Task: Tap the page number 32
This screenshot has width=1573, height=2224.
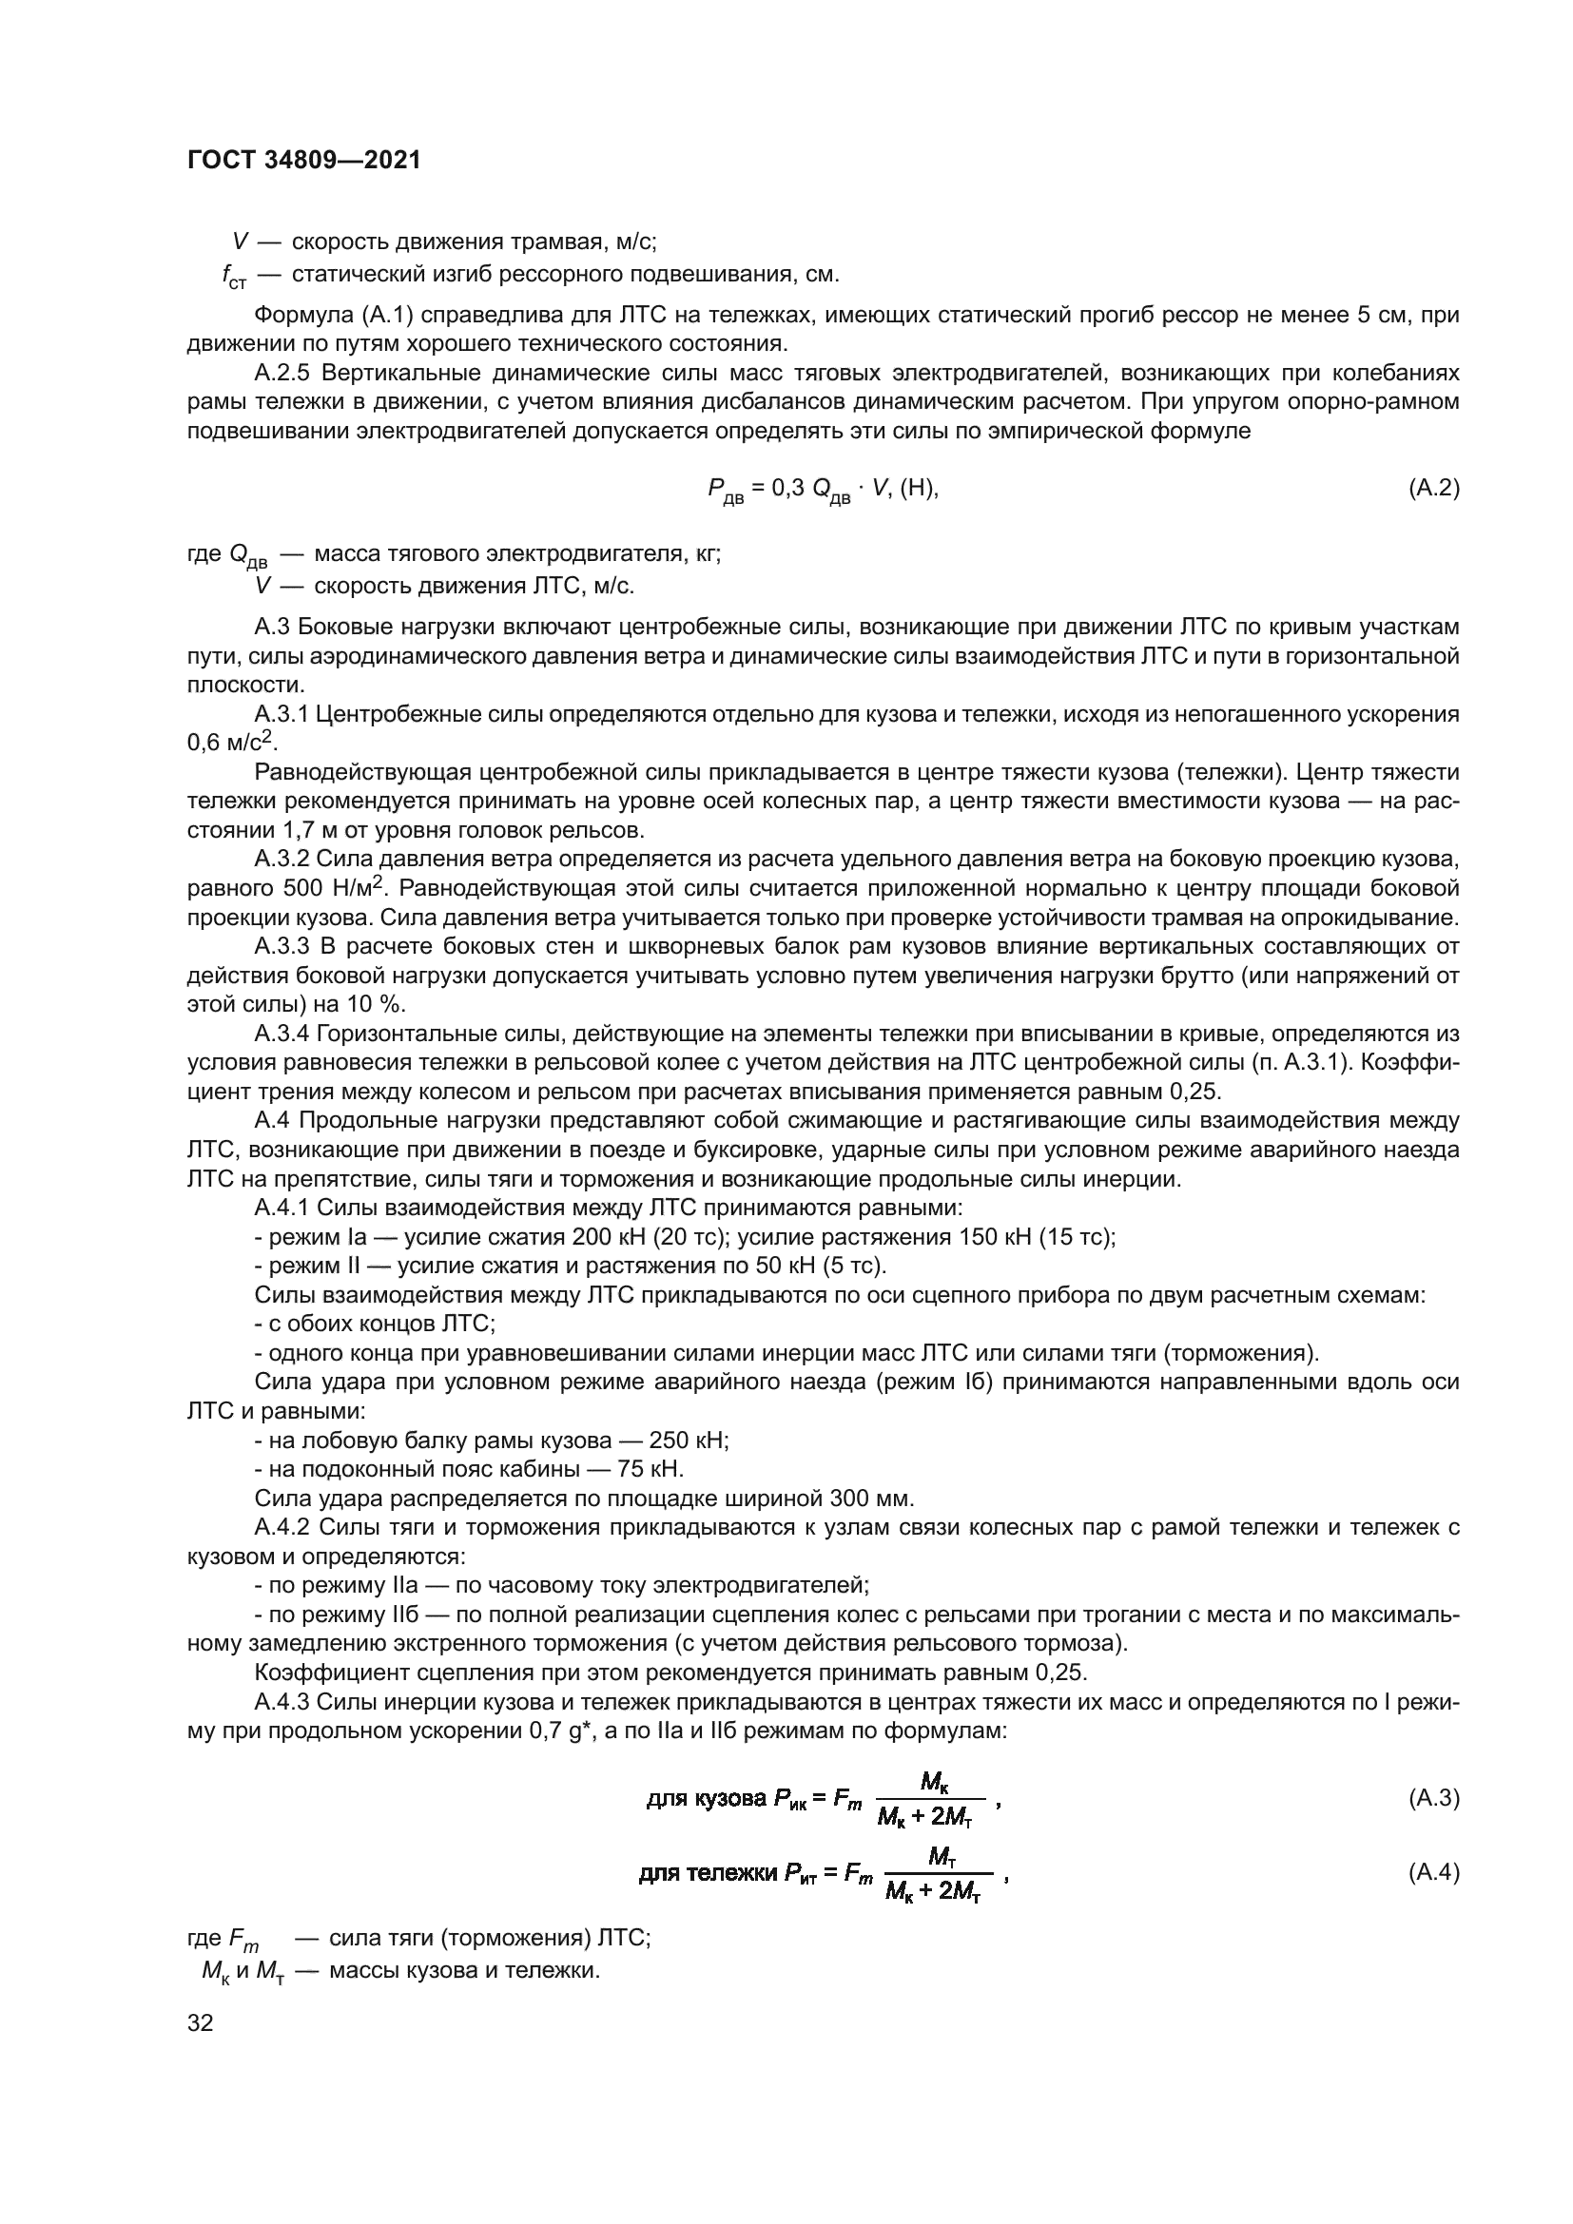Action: [x=201, y=2022]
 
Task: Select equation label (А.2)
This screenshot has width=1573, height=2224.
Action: [x=1433, y=488]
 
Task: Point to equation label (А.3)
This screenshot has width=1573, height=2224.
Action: [x=1433, y=1799]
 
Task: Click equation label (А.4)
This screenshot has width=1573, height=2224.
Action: [x=1433, y=1872]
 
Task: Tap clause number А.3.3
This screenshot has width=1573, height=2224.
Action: [x=282, y=946]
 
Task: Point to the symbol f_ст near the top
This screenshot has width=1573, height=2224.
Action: [x=234, y=277]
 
